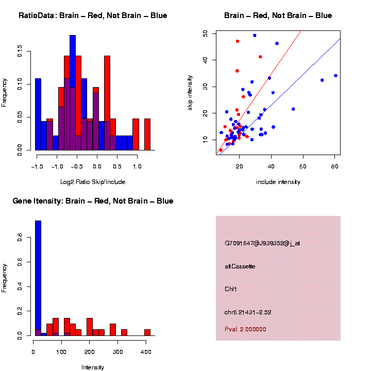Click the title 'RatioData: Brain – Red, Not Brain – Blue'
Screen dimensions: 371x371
point(93,15)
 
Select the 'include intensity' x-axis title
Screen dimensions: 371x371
point(278,182)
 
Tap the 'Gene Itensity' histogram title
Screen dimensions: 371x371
point(93,201)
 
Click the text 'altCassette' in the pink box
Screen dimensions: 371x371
point(240,266)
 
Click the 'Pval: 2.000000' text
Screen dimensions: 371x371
point(245,329)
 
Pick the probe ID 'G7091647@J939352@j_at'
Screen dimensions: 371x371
point(262,243)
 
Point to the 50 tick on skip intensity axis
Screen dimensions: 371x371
point(205,33)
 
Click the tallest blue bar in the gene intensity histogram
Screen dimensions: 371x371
point(38,278)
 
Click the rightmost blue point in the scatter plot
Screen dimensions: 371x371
point(335,76)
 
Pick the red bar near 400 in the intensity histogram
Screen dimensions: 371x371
point(147,332)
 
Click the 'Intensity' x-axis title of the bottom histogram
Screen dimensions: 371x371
point(93,367)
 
